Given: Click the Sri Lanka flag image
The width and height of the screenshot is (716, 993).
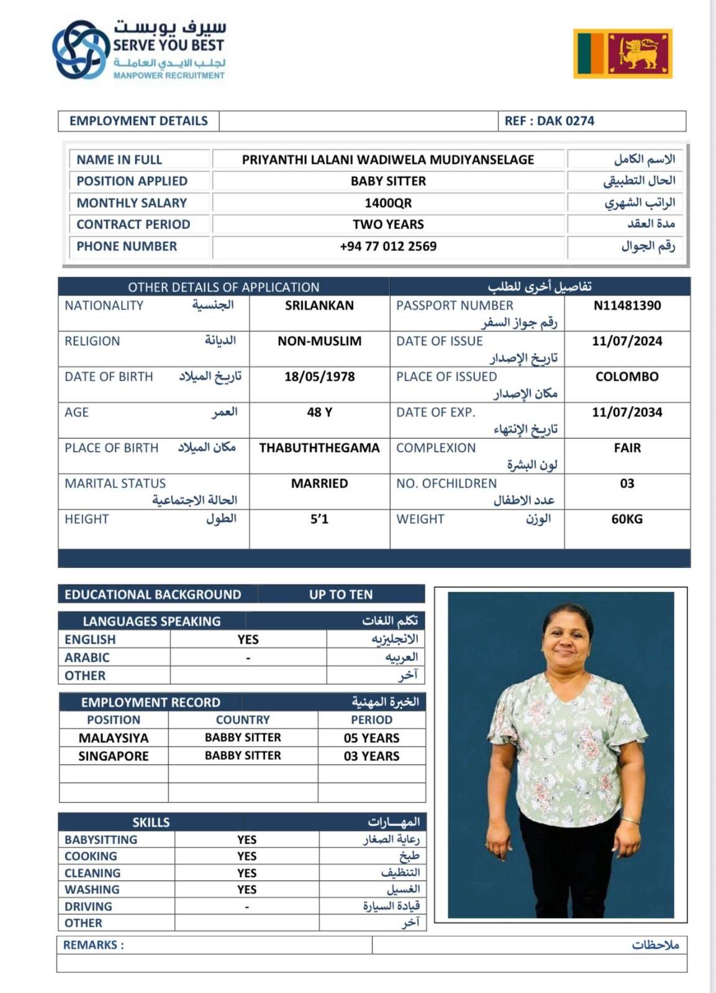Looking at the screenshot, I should coord(622,53).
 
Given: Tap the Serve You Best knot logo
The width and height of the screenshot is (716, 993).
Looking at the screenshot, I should coord(80,50).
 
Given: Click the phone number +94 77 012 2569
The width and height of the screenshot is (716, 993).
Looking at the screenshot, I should coord(388,246).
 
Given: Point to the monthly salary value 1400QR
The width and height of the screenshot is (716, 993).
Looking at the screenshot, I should coord(388,203).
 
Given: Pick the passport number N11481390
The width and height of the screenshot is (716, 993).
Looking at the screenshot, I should coord(627,305).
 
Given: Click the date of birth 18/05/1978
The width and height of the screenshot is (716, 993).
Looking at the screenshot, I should coord(319,377).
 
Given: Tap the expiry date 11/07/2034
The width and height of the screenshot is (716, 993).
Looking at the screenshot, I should coord(627,412).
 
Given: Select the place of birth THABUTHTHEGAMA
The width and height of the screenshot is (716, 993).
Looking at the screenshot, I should coord(319,448).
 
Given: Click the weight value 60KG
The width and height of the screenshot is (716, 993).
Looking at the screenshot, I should coord(627,519).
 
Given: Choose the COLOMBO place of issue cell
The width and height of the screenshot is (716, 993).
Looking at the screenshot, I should coord(627,377).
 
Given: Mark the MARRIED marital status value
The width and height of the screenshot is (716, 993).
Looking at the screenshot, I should coord(319,483).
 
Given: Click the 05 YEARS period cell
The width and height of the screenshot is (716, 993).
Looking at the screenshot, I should coord(371,738).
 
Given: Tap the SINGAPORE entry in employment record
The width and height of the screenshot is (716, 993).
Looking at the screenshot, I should coord(114,756).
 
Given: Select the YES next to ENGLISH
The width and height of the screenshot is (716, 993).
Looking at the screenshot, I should coord(248,639).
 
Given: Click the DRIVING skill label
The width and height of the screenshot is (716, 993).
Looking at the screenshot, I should coord(88,906).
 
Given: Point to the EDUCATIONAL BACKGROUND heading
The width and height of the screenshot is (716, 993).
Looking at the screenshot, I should coord(153,595).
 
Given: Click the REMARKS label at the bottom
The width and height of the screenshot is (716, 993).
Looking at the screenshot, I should coord(93,945).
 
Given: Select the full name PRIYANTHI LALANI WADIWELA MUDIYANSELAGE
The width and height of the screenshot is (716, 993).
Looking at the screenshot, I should coord(388,160).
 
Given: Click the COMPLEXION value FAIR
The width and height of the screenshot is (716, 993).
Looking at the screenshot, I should coord(627,448).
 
